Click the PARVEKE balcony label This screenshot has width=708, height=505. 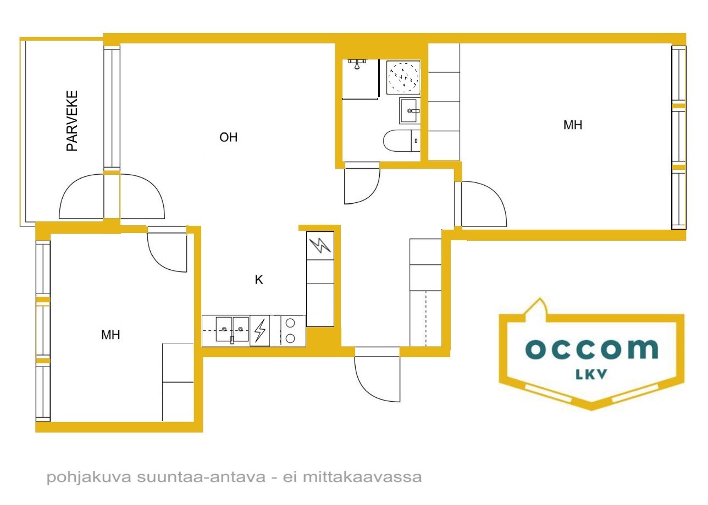click(72, 121)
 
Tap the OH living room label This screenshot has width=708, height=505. click(228, 137)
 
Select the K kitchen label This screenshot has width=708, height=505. click(259, 280)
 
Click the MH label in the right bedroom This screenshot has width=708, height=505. click(573, 125)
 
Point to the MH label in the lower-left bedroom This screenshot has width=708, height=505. click(110, 335)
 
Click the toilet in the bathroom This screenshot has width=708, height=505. click(402, 141)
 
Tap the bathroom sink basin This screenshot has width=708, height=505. click(410, 110)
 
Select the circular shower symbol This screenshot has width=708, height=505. click(403, 77)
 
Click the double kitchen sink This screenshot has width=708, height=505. click(233, 330)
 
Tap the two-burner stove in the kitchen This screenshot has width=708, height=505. click(290, 331)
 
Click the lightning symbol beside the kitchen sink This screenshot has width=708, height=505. click(260, 331)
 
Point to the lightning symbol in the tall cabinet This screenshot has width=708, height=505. click(320, 246)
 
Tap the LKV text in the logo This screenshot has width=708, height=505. click(591, 375)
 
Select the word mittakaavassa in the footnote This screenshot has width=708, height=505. click(362, 477)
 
